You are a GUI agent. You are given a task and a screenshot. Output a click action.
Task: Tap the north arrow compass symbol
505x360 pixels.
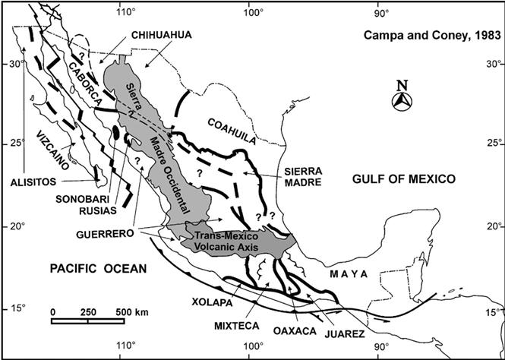[406, 99]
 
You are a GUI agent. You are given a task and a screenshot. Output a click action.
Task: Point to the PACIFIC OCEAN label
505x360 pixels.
[88, 268]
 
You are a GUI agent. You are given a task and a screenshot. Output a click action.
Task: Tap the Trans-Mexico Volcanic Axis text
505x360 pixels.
[228, 242]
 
